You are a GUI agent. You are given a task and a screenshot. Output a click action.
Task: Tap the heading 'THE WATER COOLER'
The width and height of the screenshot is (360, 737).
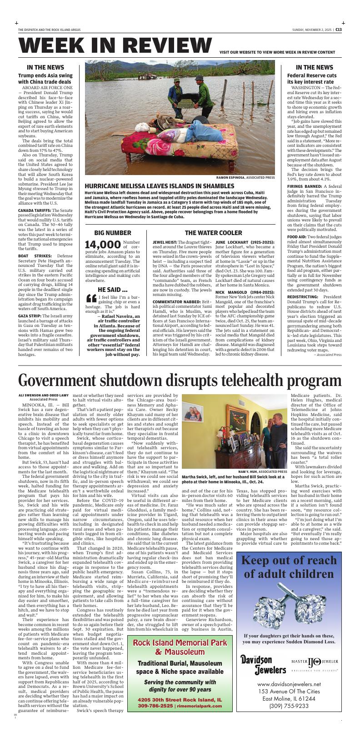[213, 233]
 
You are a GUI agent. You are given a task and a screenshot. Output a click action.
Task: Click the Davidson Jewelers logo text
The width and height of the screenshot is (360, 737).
[263, 665]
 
